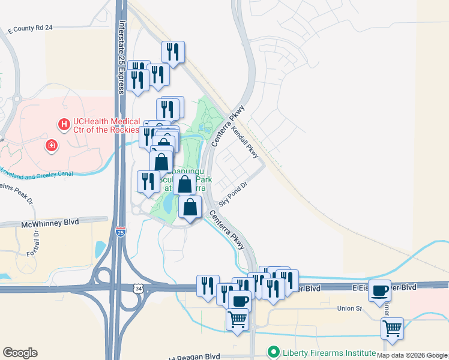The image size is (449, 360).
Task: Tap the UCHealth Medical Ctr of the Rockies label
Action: pos(106,126)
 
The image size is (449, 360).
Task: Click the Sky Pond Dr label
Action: pos(233,196)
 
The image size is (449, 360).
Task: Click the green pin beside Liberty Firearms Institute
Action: pos(274,352)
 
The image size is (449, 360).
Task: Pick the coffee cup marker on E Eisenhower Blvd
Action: pos(379,291)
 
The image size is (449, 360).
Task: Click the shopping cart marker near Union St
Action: pos(391,328)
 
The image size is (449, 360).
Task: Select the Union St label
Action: pos(350,309)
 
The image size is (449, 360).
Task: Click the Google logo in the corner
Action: pos(20,353)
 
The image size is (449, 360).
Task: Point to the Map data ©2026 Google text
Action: pos(412,355)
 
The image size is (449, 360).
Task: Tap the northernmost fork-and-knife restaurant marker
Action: pos(173,52)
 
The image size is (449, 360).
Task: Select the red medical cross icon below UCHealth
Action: pos(52,145)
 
